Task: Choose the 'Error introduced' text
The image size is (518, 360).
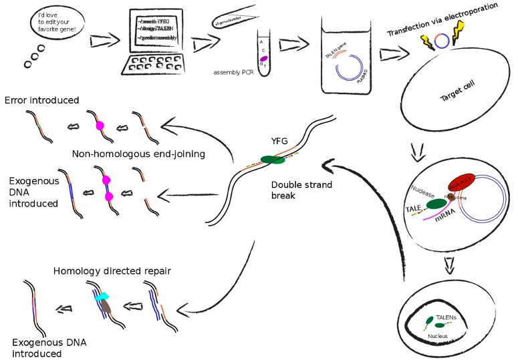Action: click(x=41, y=100)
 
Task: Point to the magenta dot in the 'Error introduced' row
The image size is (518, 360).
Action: click(x=100, y=126)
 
